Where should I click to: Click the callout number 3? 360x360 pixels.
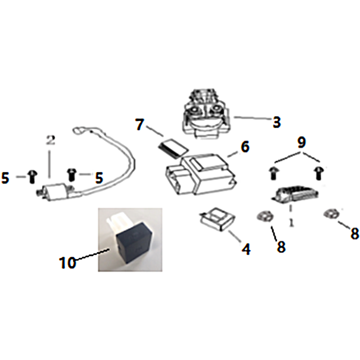277,122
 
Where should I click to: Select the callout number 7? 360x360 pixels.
139,125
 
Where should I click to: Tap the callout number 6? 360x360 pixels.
245,147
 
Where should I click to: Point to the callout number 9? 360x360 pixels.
301,142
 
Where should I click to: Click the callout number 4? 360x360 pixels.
246,249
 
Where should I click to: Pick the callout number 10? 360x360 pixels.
67,262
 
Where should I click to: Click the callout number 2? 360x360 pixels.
50,140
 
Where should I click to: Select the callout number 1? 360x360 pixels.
291,222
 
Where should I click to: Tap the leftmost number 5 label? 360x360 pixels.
5,178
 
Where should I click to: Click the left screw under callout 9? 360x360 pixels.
273,174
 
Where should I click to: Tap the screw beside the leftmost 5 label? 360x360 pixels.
32,177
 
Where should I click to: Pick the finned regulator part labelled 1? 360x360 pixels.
296,194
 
